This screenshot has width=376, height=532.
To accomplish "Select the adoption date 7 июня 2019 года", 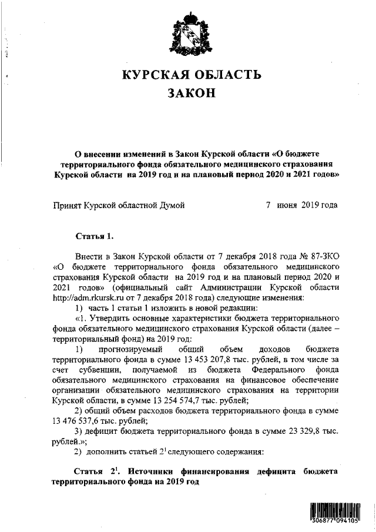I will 302,205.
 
